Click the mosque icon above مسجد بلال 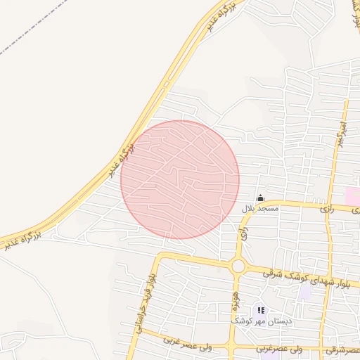[x=261, y=198]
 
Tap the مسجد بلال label [x=260, y=209]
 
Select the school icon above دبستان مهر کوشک [x=261, y=310]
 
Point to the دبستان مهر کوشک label [x=262, y=321]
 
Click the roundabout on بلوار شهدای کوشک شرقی [x=238, y=266]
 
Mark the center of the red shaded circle [x=180, y=179]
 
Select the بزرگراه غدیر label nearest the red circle [x=121, y=160]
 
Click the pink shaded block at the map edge [x=352, y=196]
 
